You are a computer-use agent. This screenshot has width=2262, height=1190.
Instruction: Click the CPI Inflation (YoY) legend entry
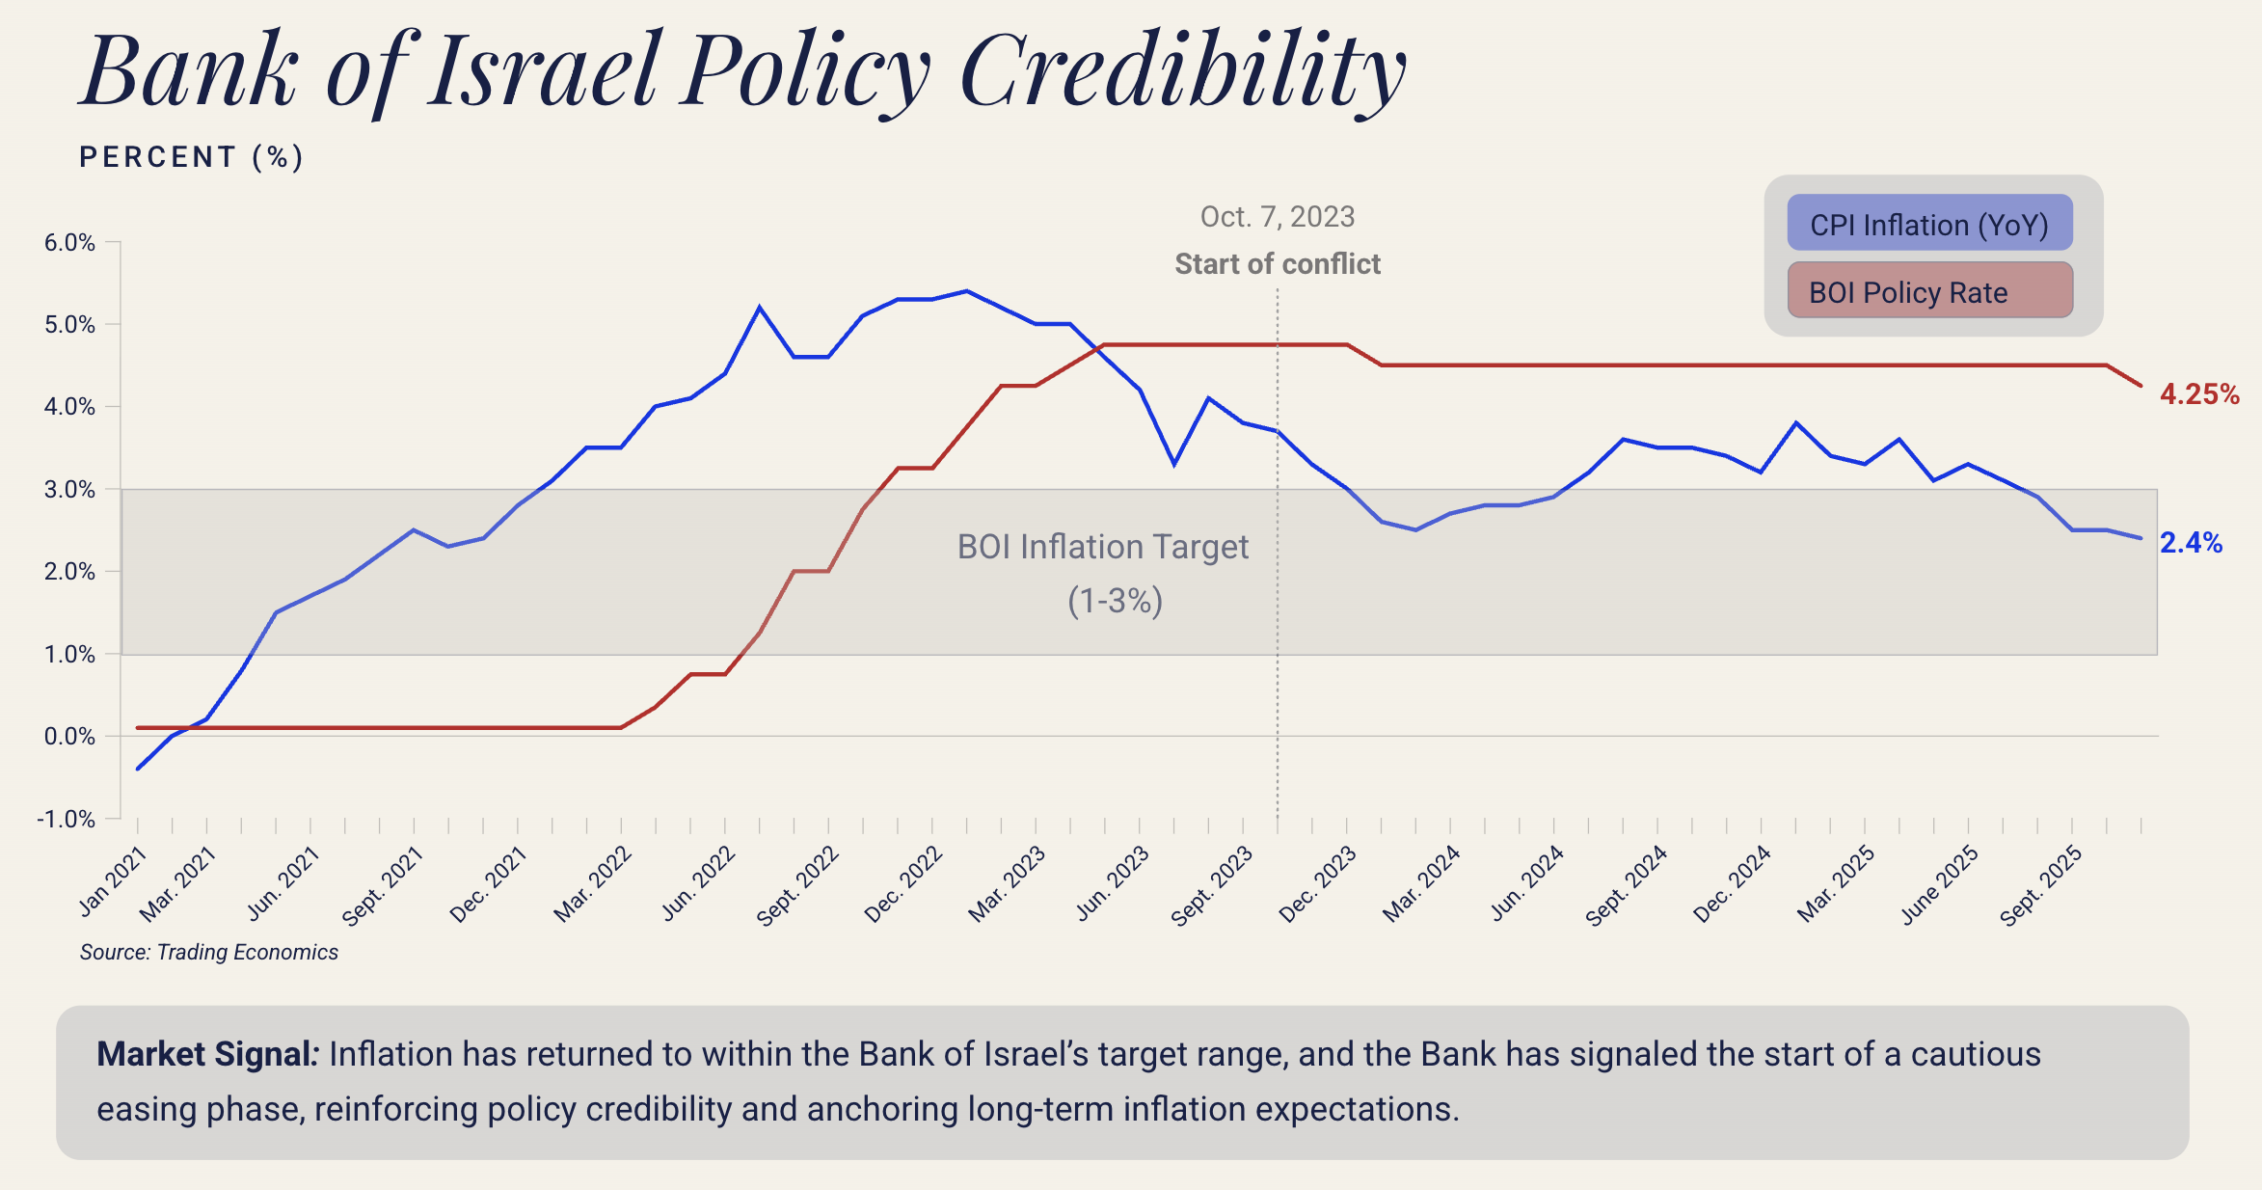pyautogui.click(x=1928, y=224)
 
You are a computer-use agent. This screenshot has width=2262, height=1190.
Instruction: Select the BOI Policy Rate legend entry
pyautogui.click(x=1928, y=291)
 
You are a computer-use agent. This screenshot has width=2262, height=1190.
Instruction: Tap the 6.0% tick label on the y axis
pyautogui.click(x=69, y=242)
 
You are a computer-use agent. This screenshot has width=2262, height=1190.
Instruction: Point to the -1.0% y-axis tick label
pyautogui.click(x=67, y=819)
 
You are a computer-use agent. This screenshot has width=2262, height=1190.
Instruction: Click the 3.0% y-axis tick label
pyautogui.click(x=69, y=489)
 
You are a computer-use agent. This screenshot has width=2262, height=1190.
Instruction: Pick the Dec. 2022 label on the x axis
pyautogui.click(x=904, y=883)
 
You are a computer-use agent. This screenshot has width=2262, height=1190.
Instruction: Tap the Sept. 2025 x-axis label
pyautogui.click(x=2042, y=885)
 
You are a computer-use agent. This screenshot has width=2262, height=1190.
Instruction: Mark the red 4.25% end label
pyautogui.click(x=2199, y=394)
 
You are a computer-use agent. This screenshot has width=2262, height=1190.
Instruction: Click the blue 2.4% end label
pyautogui.click(x=2191, y=543)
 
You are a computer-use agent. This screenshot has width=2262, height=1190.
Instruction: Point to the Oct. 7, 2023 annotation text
pyautogui.click(x=1277, y=217)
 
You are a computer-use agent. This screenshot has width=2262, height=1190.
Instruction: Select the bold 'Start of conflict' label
pyautogui.click(x=1277, y=264)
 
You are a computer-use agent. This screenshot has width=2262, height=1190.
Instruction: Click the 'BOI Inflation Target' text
pyautogui.click(x=1102, y=547)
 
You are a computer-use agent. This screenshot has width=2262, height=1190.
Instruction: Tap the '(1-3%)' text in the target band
pyautogui.click(x=1115, y=601)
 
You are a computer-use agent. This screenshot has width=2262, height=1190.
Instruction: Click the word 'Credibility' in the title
pyautogui.click(x=1183, y=71)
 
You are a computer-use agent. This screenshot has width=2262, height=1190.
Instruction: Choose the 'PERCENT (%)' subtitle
pyautogui.click(x=191, y=157)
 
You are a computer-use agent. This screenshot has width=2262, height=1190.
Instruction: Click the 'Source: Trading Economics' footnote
pyautogui.click(x=209, y=952)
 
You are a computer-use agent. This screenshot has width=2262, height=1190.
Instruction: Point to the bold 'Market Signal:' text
pyautogui.click(x=207, y=1054)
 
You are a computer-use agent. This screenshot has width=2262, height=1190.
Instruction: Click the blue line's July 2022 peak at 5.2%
pyautogui.click(x=760, y=308)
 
